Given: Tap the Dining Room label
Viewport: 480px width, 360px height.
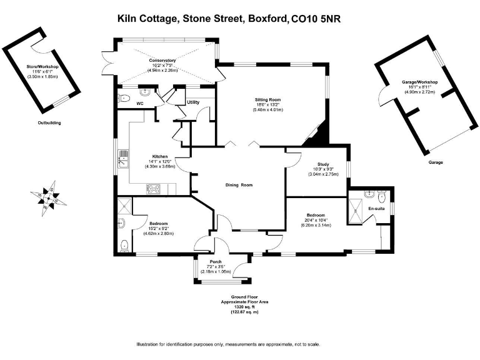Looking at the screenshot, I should point(239,185).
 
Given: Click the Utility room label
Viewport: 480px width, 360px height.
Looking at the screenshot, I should point(193,102).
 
